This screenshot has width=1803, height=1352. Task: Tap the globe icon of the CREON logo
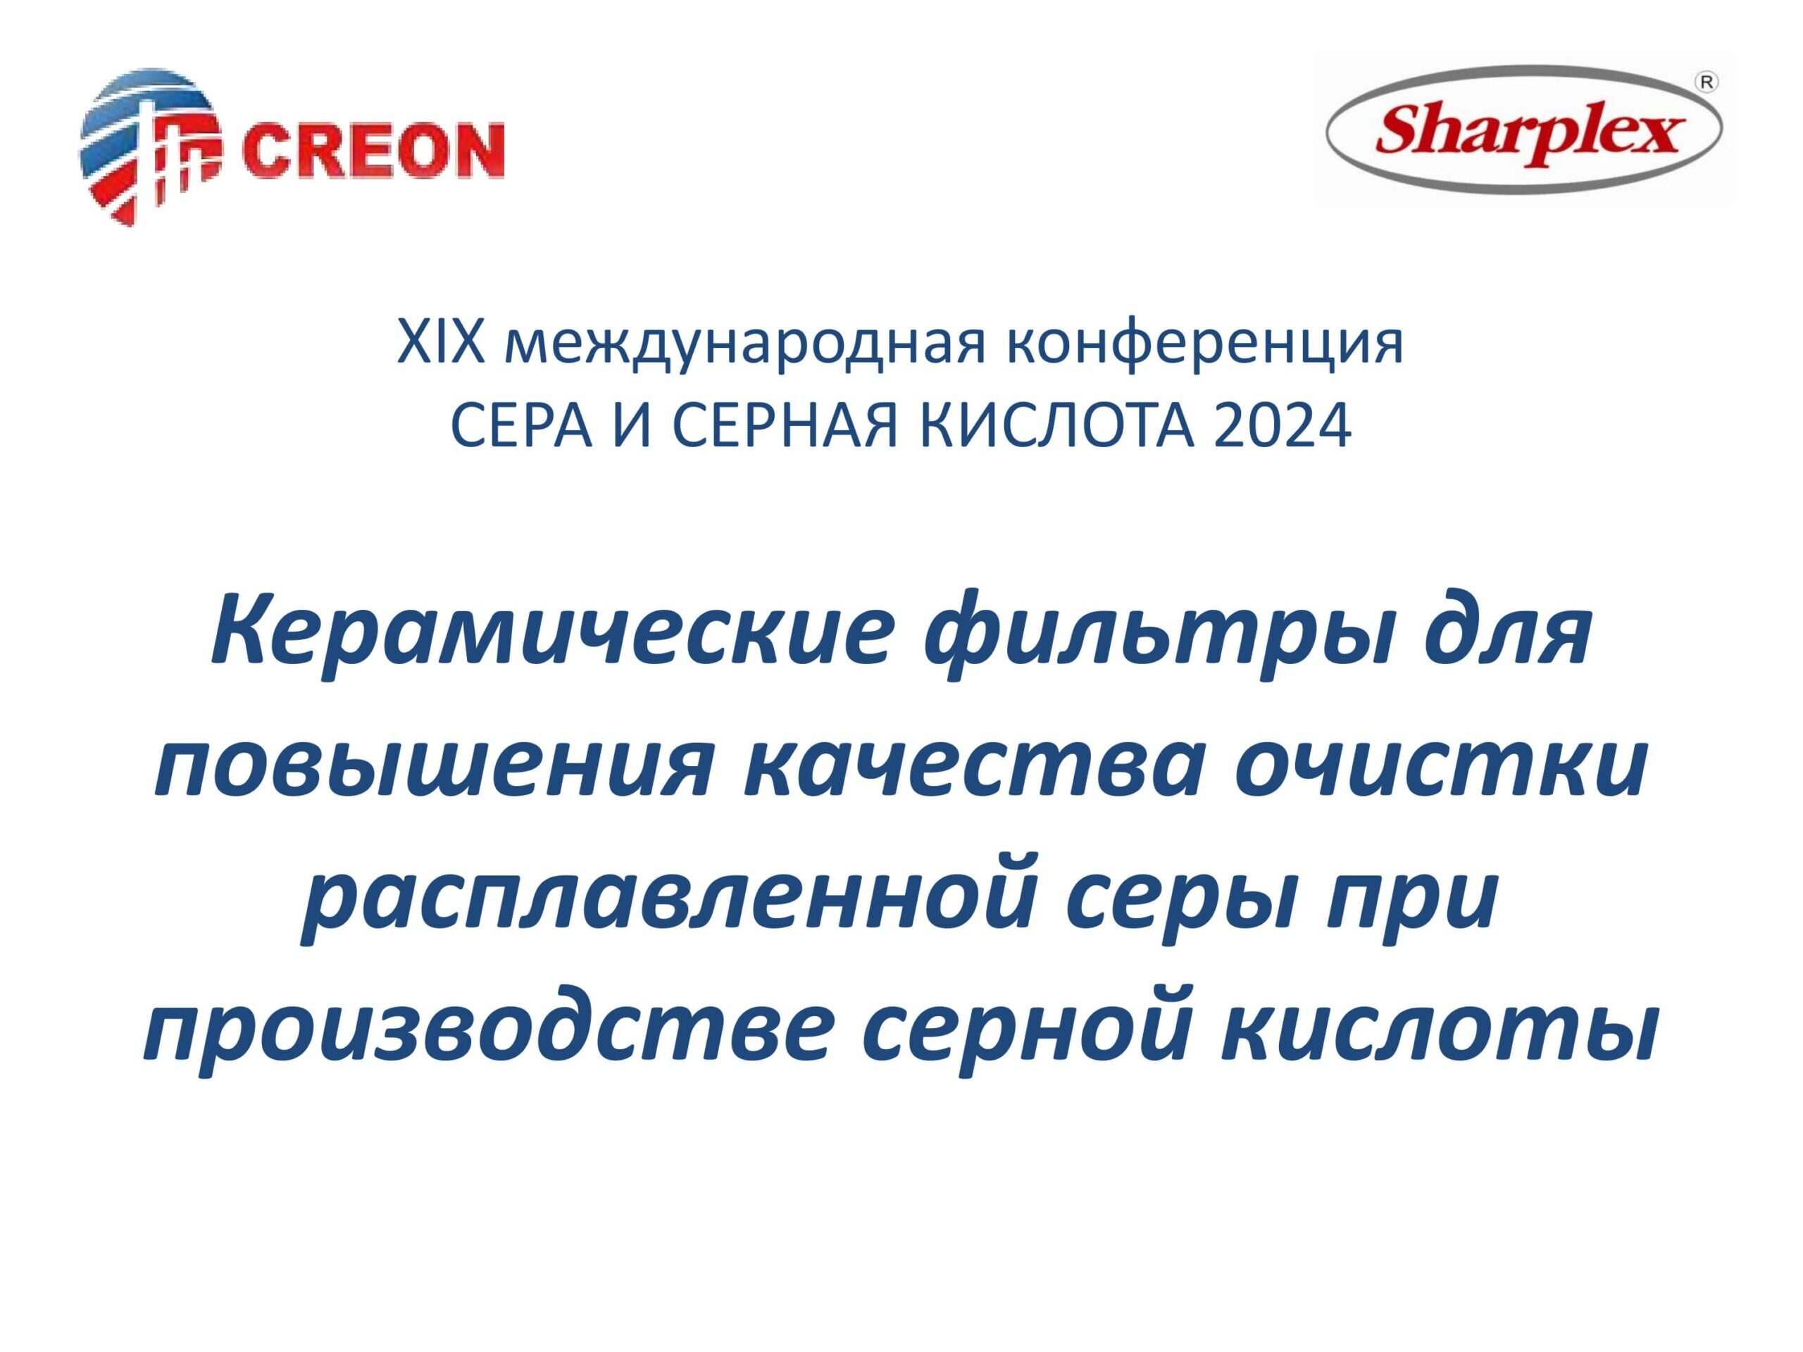[150, 146]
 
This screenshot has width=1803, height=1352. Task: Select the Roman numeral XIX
[442, 342]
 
